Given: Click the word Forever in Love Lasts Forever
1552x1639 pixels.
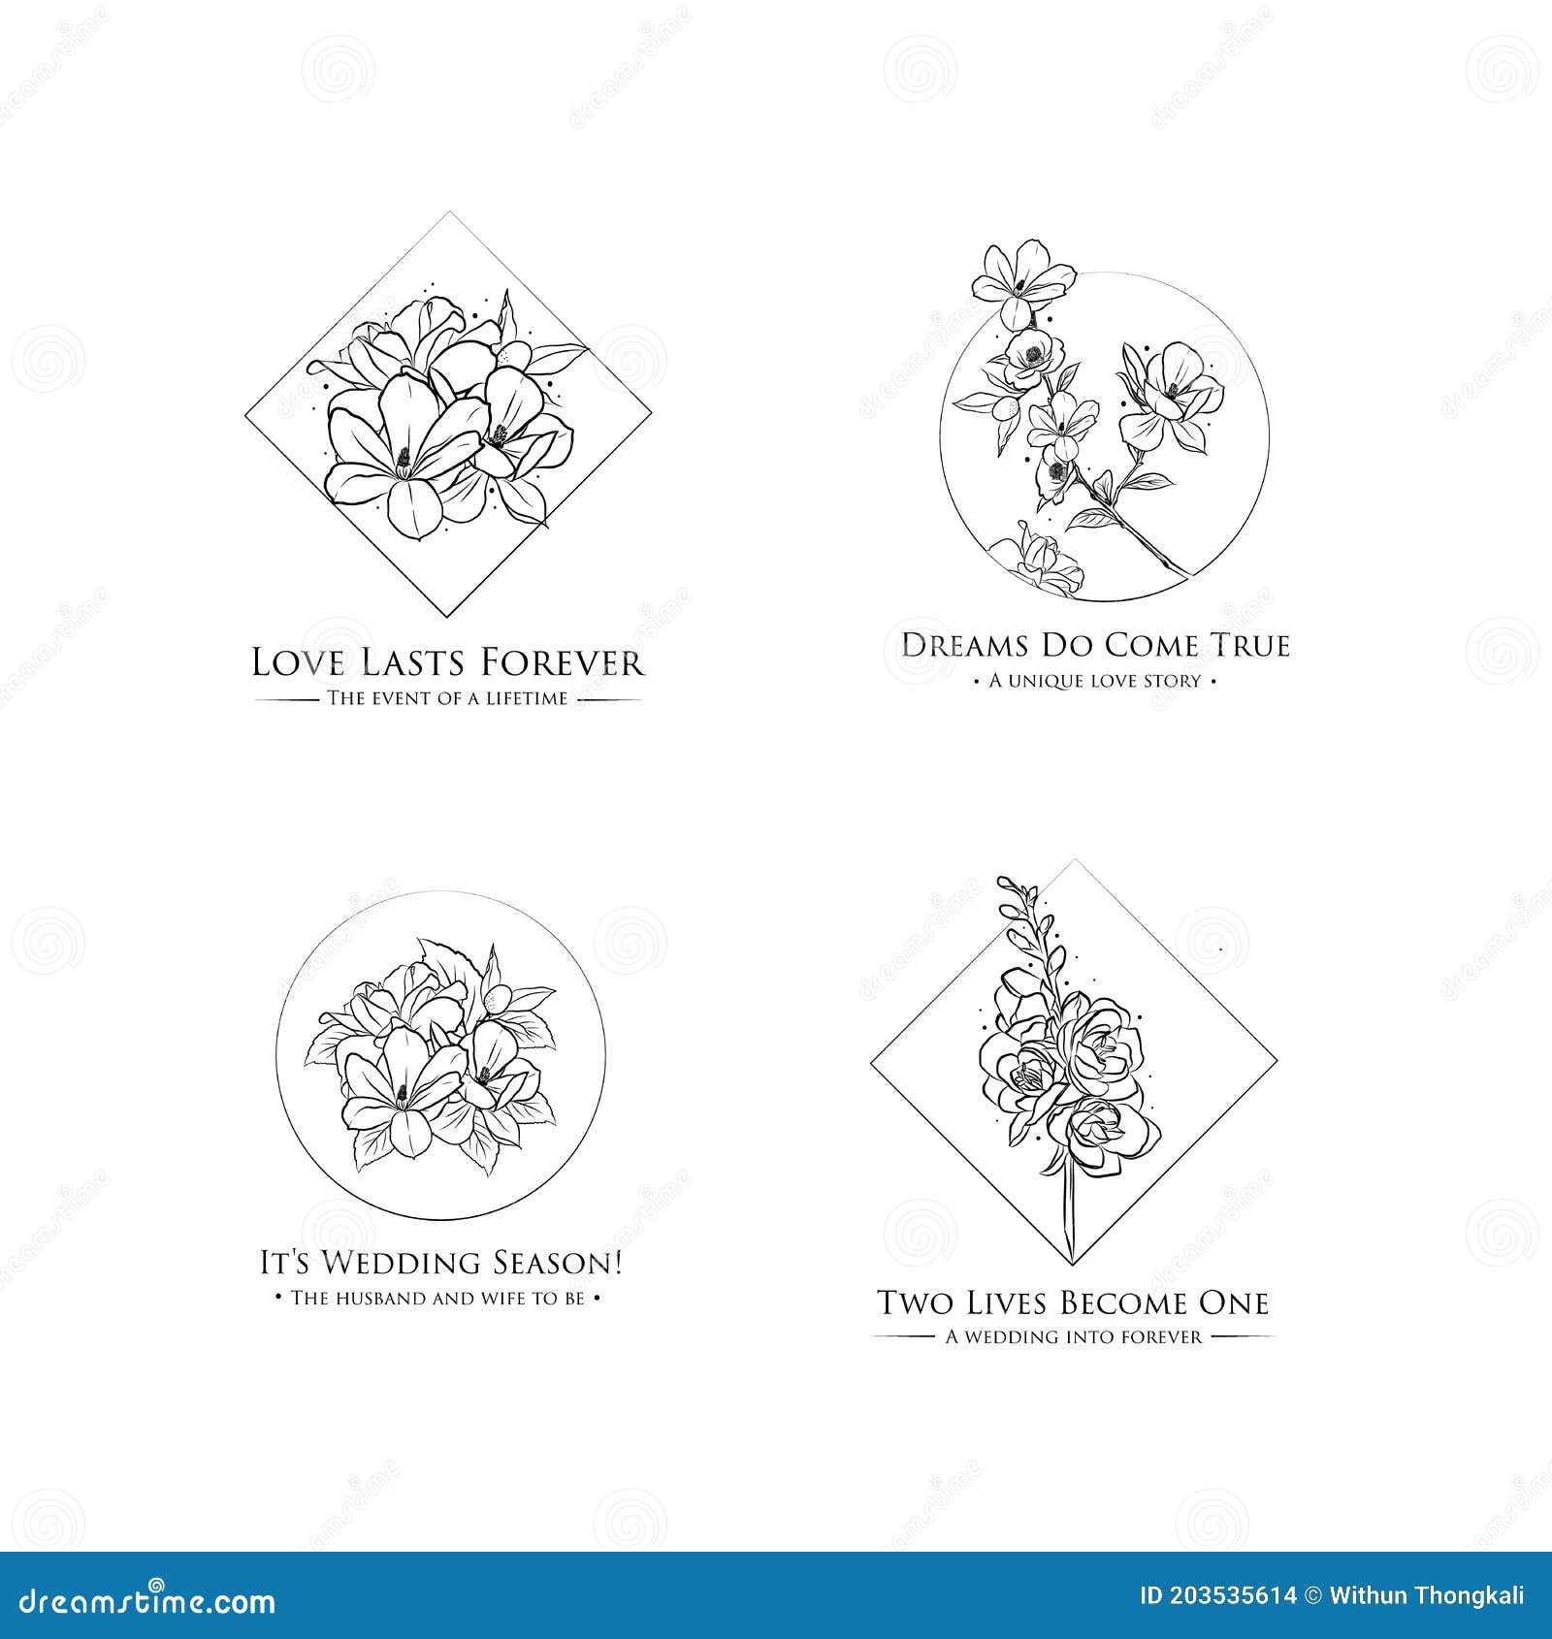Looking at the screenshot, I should pos(562,663).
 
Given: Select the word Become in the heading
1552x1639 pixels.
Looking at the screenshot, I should pos(1124,1302).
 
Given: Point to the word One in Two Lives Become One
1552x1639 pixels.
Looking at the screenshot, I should pos(1235,1302).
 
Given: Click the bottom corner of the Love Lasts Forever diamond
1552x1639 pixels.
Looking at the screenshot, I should pos(447,617).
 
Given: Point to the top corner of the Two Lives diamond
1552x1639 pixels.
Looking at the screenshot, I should pos(1074,860).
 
